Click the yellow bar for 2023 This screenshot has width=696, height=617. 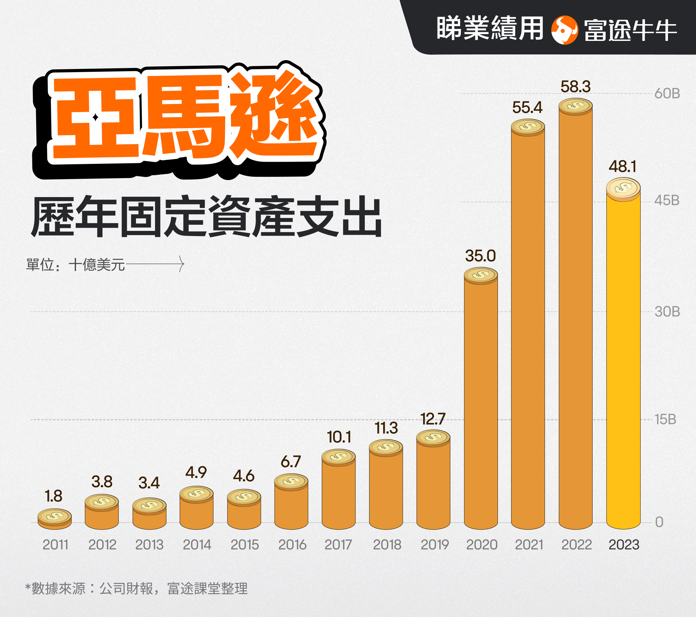click(623, 361)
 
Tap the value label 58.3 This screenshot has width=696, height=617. click(575, 87)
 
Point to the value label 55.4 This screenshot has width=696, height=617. click(527, 108)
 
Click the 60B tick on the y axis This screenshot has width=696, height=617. click(667, 94)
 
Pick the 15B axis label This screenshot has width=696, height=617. click(665, 420)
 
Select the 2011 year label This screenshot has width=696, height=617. click(55, 545)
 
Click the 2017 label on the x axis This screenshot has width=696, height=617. click(338, 545)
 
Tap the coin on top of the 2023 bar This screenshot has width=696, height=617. click(623, 188)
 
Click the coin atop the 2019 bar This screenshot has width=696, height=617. click(433, 437)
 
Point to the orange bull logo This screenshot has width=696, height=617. click(564, 30)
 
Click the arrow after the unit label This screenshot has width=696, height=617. click(155, 264)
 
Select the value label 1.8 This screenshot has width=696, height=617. click(53, 496)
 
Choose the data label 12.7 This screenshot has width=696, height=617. click(433, 419)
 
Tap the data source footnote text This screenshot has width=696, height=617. click(136, 588)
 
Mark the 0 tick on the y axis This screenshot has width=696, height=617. click(659, 522)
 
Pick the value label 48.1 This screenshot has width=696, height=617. click(623, 167)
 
